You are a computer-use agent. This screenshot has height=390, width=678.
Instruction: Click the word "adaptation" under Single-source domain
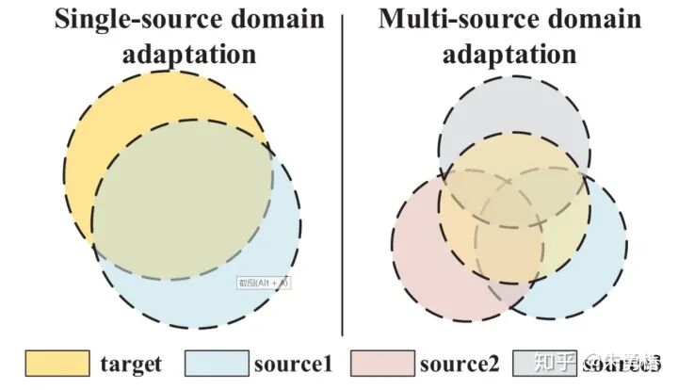click(x=188, y=53)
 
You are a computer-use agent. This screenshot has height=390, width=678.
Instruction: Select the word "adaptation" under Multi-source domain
click(x=509, y=53)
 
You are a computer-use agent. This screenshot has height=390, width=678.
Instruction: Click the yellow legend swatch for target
click(x=56, y=362)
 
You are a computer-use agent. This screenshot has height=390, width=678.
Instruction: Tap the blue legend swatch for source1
click(x=216, y=362)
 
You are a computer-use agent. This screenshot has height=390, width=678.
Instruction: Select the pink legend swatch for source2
click(x=381, y=362)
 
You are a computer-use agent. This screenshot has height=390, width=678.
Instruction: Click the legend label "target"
click(x=131, y=363)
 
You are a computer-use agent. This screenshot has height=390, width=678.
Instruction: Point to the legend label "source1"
click(x=293, y=363)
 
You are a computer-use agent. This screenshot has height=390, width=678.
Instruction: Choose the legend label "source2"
click(x=460, y=363)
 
